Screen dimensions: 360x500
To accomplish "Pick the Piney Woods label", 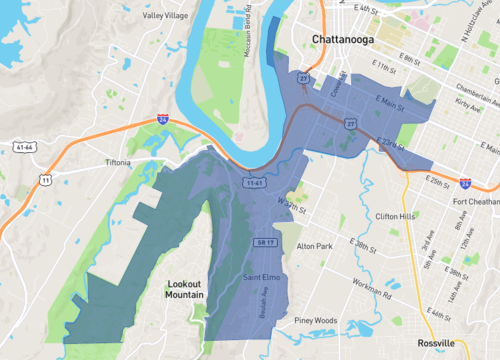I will coord(315,320).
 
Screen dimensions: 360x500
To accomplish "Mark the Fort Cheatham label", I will coord(473,200).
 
